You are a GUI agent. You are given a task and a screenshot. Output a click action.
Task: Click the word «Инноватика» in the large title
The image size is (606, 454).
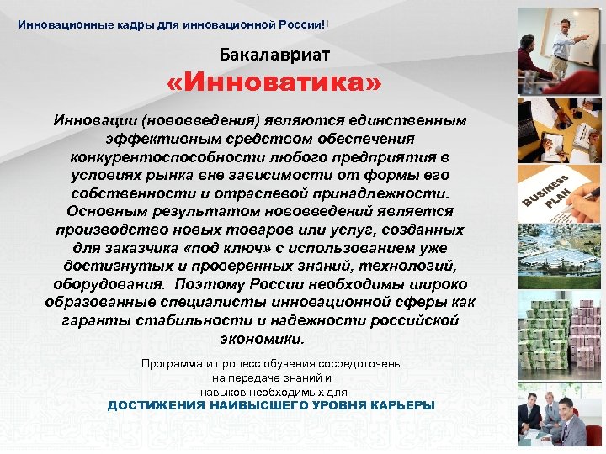pos(275,83)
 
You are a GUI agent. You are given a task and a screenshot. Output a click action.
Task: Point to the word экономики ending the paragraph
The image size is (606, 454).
pos(261,339)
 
